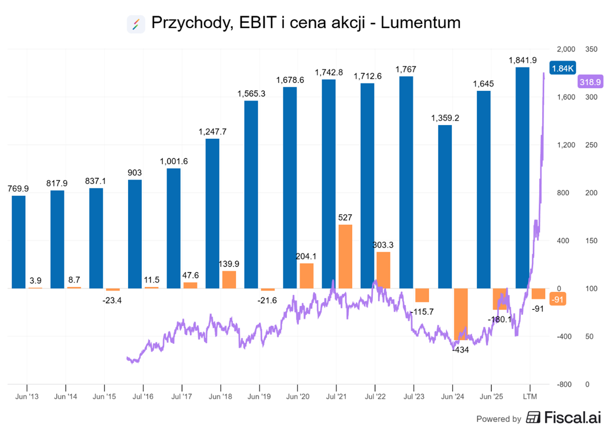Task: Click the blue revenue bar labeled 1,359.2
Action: pyautogui.click(x=445, y=206)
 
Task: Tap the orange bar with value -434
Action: pyautogui.click(x=461, y=314)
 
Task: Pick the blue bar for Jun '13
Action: pyautogui.click(x=19, y=242)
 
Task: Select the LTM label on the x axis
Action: pyautogui.click(x=530, y=396)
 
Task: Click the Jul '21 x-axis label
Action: pyautogui.click(x=336, y=396)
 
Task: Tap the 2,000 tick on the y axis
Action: pyautogui.click(x=566, y=49)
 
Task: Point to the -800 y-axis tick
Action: pyautogui.click(x=565, y=384)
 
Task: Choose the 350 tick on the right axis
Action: pyautogui.click(x=591, y=49)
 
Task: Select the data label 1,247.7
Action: pyautogui.click(x=213, y=132)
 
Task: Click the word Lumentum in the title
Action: pyautogui.click(x=421, y=23)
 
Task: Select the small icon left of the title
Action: pyautogui.click(x=136, y=24)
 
